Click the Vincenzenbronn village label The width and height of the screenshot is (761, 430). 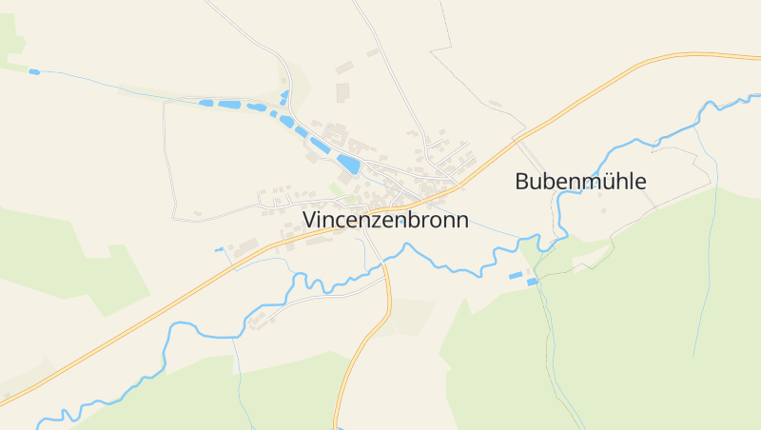(385, 220)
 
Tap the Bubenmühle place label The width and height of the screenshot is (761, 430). (580, 181)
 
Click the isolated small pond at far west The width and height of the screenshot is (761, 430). (34, 71)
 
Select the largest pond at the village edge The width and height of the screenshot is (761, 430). (348, 164)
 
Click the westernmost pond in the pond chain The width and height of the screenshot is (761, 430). (206, 102)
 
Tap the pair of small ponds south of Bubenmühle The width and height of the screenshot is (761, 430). (522, 278)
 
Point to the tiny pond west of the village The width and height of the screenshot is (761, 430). (218, 249)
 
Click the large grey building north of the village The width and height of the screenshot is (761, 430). (341, 91)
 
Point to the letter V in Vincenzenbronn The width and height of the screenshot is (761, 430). (310, 220)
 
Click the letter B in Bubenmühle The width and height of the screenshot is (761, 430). (522, 181)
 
